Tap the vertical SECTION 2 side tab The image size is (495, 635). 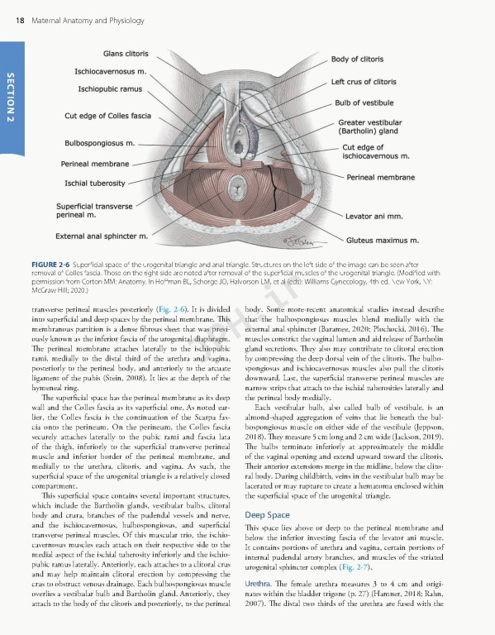[9, 98]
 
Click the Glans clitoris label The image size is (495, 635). [126, 54]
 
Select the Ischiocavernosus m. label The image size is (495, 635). [110, 71]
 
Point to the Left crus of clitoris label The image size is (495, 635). [364, 83]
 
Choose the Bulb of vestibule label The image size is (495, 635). [364, 103]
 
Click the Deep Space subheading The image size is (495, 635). [267, 514]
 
